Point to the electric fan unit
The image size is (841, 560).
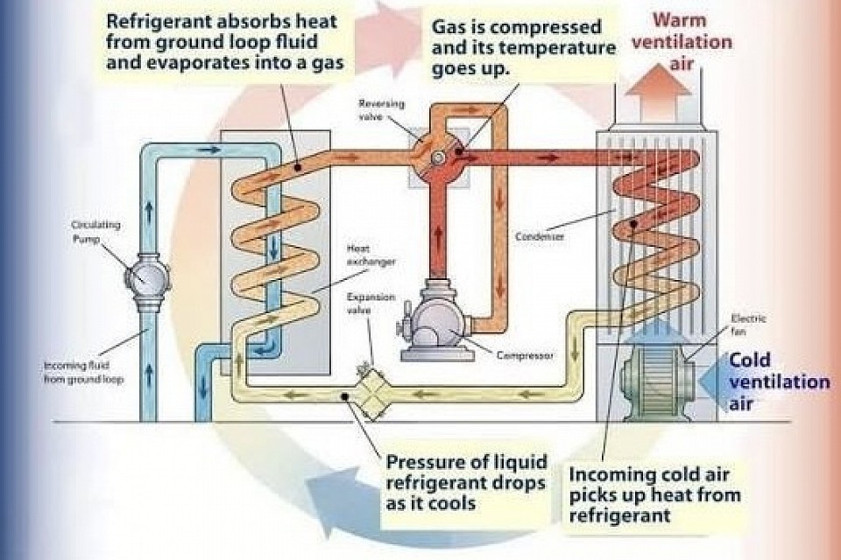coord(654,375)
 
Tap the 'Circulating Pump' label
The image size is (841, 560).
coord(95,231)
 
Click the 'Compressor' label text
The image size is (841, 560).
coord(524,355)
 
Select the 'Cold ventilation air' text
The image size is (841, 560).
coord(779,381)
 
